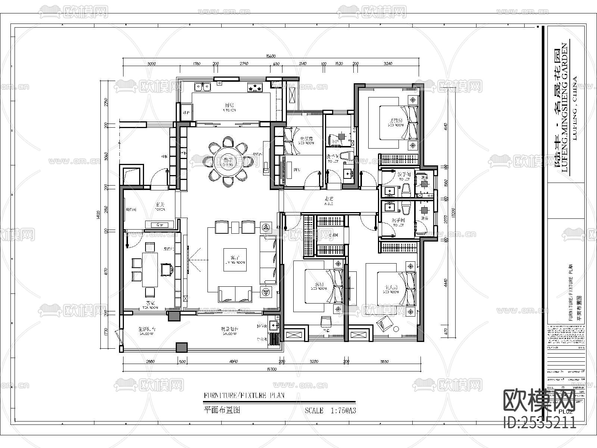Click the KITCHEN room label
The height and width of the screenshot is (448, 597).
pos(230,108)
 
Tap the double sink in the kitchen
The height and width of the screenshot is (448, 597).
pos(202,87)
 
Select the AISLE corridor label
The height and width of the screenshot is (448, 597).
pos(328,201)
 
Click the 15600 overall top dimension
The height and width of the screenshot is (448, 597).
pos(271,56)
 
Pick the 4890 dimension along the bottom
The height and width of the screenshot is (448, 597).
pos(234,361)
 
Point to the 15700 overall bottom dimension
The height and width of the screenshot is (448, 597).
pos(271,369)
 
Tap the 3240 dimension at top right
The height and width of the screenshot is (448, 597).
pos(388,63)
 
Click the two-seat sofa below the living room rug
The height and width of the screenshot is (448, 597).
pos(235,294)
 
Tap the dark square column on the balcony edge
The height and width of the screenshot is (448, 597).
pos(182,348)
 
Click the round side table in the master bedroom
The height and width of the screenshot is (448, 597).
pos(396,329)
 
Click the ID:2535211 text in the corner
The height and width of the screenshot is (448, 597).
pos(540,423)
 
